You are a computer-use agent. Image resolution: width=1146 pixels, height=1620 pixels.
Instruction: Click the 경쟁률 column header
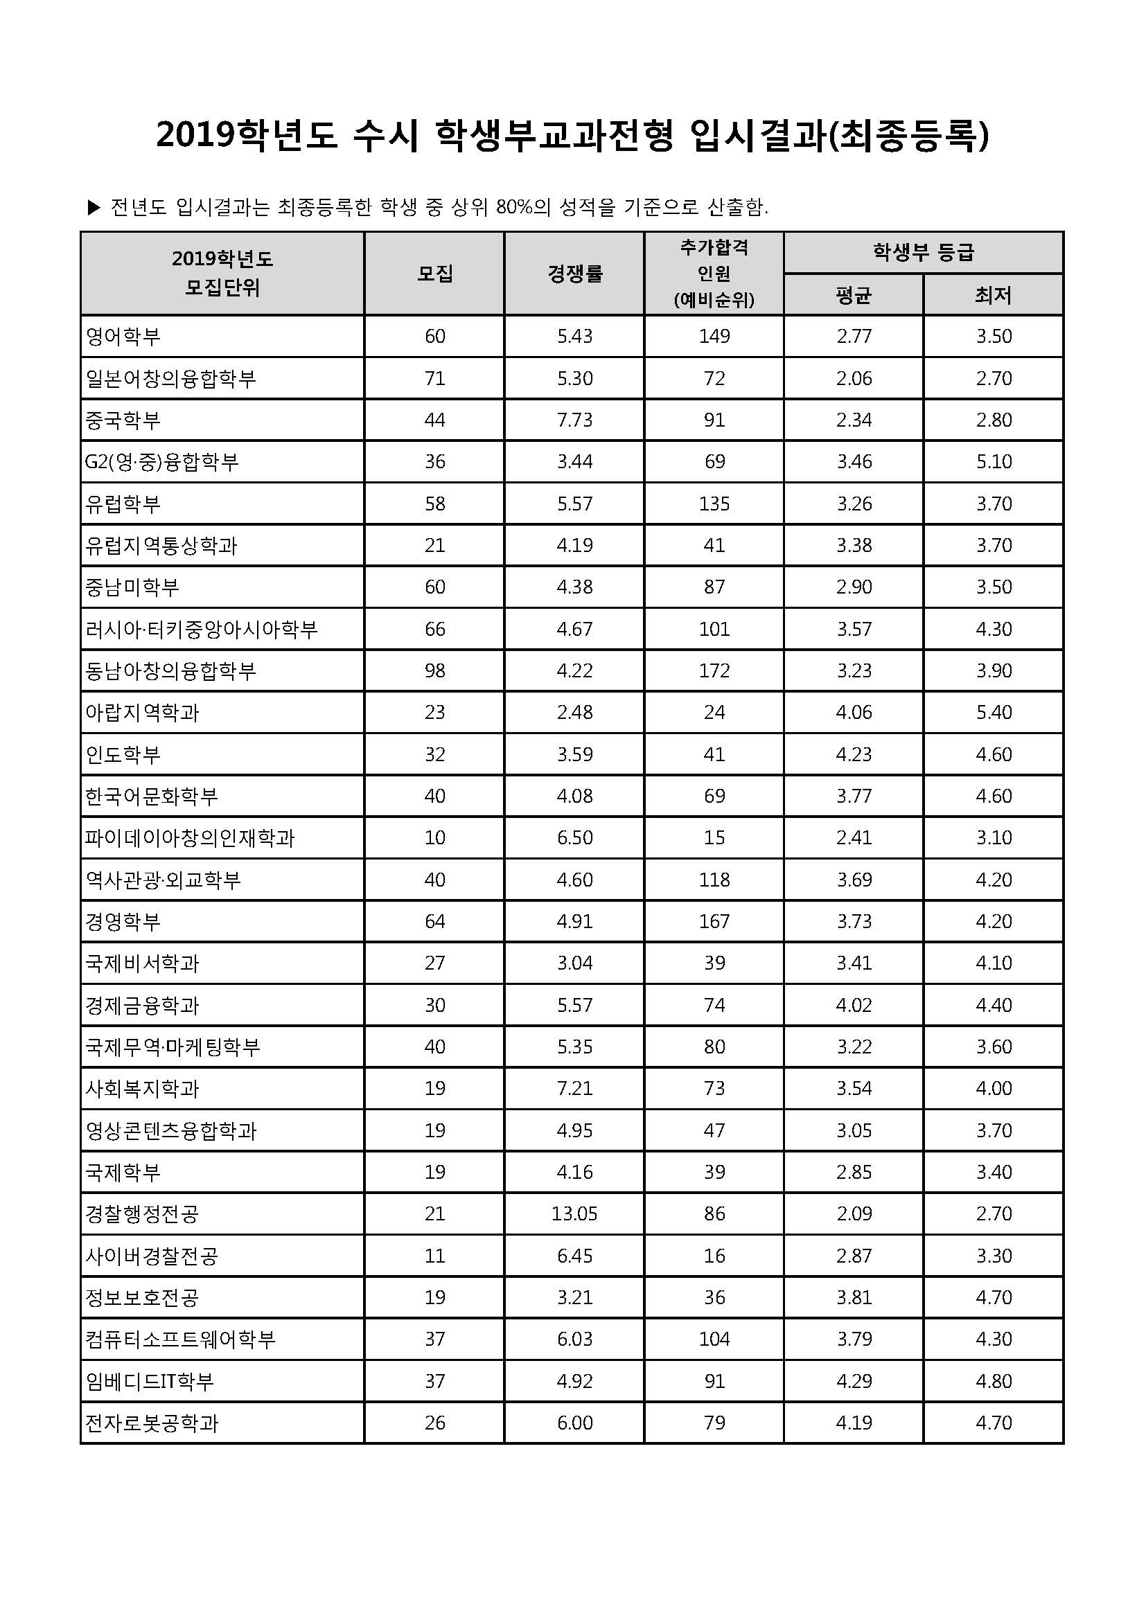click(574, 273)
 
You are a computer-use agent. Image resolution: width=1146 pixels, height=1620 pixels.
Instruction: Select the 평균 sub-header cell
click(853, 295)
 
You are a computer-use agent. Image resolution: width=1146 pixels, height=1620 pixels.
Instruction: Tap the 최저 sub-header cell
click(993, 295)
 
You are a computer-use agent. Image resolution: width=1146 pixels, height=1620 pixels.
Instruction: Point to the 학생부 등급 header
click(923, 253)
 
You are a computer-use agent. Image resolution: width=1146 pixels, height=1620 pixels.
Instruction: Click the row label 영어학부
click(123, 337)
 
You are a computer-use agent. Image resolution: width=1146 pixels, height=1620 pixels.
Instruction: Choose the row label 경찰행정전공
click(142, 1214)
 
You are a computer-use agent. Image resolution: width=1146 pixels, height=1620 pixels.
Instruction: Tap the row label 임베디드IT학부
click(150, 1382)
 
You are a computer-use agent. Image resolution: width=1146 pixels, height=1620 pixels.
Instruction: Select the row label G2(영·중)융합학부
click(161, 462)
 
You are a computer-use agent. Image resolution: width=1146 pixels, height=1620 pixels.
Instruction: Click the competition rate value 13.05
click(574, 1213)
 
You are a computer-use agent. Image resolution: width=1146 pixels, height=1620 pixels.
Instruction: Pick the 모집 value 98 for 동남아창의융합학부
click(434, 670)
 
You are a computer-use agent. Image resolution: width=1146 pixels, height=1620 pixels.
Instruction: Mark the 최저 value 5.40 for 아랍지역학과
click(994, 712)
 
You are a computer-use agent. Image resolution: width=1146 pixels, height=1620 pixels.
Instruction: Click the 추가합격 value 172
click(714, 670)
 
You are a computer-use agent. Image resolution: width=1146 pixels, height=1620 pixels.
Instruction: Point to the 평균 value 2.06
click(854, 378)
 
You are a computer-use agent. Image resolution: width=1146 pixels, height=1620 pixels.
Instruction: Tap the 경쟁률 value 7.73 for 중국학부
click(574, 420)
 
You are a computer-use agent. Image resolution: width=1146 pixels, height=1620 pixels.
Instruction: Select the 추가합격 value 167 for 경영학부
click(714, 921)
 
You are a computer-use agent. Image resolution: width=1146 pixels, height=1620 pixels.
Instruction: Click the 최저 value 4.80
click(994, 1381)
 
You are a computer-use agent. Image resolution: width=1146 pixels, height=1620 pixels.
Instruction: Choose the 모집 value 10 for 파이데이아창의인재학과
click(434, 837)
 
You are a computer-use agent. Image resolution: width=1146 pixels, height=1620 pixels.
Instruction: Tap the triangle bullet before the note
click(94, 208)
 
